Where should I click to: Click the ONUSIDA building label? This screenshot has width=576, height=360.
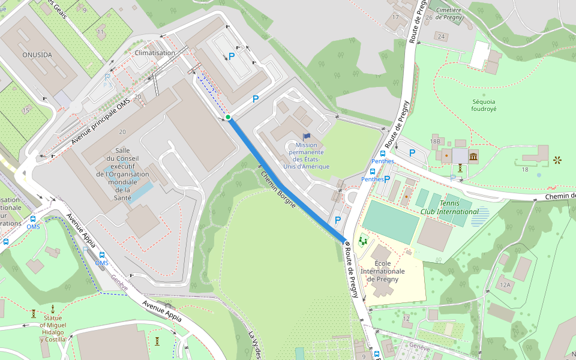[x=37, y=55]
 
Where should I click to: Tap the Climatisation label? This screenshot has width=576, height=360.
[x=155, y=53]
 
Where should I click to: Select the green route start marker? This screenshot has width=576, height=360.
[x=228, y=117]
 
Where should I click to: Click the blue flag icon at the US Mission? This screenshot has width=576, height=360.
[x=307, y=137]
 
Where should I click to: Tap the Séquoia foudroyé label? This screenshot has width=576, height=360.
[x=484, y=105]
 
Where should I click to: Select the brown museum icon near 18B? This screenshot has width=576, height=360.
[x=473, y=157]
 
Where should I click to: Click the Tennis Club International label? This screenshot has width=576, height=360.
[x=449, y=208]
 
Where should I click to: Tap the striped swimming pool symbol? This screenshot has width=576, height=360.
[x=480, y=216]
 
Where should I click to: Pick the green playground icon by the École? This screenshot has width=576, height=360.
[x=362, y=241]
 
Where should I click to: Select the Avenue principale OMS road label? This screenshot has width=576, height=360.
[x=100, y=121]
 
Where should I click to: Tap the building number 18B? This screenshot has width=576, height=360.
[x=435, y=141]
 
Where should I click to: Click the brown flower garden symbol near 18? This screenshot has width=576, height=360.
[x=557, y=160]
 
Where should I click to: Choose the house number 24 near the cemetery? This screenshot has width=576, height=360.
[x=442, y=37]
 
